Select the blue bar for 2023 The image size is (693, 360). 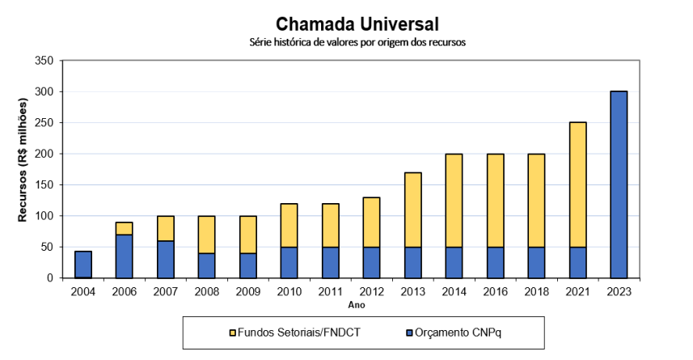(618, 184)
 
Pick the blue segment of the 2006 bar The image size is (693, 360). (124, 256)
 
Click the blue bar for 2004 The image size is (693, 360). (83, 265)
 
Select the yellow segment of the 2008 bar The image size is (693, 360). (206, 235)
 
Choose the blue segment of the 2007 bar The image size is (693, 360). (165, 259)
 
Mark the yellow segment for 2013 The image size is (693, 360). (412, 210)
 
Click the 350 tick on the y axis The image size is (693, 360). (44, 61)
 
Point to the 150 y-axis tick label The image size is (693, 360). (44, 184)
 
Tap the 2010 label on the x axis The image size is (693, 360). (289, 292)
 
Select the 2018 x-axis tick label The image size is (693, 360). (535, 292)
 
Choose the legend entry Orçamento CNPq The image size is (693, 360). (458, 332)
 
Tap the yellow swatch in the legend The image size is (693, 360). (234, 332)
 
